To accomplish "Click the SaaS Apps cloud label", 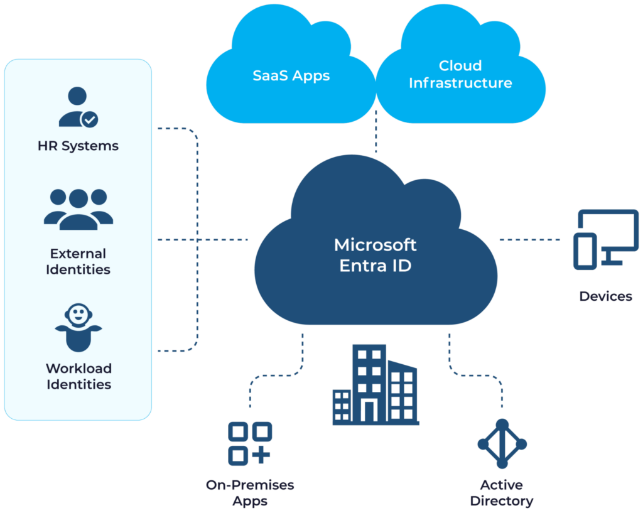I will pyautogui.click(x=291, y=76).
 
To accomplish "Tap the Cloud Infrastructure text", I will pyautogui.click(x=460, y=74).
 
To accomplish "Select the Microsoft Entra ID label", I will pyautogui.click(x=375, y=254).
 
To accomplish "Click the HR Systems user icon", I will pyautogui.click(x=77, y=107).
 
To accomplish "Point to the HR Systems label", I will pyautogui.click(x=78, y=146).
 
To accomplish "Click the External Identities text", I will pyautogui.click(x=78, y=261).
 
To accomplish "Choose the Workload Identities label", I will pyautogui.click(x=78, y=375).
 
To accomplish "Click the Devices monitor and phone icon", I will pyautogui.click(x=605, y=239).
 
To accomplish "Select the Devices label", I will pyautogui.click(x=605, y=296).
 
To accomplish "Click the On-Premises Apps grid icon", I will pyautogui.click(x=249, y=443).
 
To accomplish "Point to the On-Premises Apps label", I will pyautogui.click(x=250, y=493).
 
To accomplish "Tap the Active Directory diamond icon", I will pyautogui.click(x=501, y=443).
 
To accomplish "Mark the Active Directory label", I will pyautogui.click(x=501, y=493).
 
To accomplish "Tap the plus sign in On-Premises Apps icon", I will pyautogui.click(x=261, y=455).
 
